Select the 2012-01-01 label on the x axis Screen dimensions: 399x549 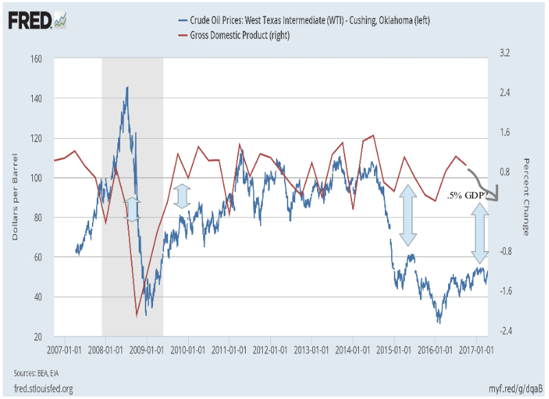coord(270,348)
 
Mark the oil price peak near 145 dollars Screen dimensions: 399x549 coord(127,87)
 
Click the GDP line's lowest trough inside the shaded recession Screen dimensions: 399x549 coord(137,316)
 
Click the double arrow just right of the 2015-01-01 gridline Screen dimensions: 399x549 coord(408,215)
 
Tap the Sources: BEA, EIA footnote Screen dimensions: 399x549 coord(32,373)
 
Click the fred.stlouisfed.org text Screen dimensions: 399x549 coord(43,389)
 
